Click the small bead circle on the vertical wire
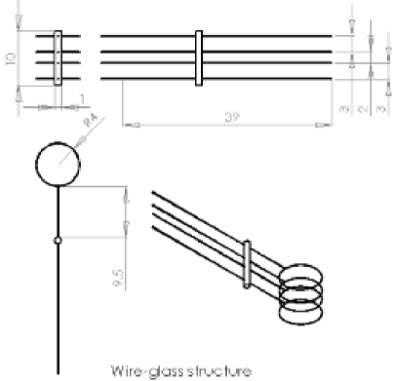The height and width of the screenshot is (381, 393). tap(59, 238)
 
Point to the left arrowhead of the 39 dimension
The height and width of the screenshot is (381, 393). tap(128, 124)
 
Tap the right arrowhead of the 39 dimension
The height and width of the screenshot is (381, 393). tap(333, 124)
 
